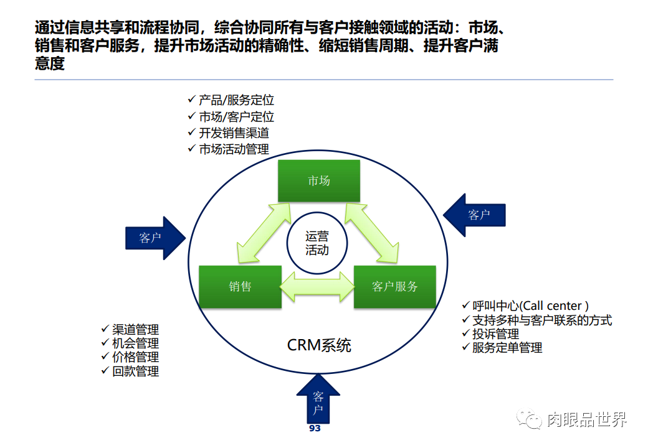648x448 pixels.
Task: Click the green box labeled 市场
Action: click(318, 180)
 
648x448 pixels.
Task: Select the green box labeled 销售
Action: click(240, 286)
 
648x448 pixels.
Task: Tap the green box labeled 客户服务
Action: click(394, 286)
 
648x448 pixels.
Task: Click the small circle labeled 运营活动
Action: click(317, 243)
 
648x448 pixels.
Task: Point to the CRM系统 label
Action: click(319, 345)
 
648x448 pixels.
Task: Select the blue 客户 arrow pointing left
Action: click(475, 215)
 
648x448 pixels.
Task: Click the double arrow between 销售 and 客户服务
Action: click(317, 286)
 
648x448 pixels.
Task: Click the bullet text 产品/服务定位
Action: click(236, 100)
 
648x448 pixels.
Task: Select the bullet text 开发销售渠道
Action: click(234, 133)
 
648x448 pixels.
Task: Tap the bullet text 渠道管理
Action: click(135, 329)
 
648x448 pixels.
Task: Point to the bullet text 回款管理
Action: click(135, 371)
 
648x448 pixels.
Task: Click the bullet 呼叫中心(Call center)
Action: click(530, 306)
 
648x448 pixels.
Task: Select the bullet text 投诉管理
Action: click(495, 334)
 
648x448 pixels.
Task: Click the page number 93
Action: click(315, 429)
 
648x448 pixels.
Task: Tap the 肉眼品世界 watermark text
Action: click(586, 420)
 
